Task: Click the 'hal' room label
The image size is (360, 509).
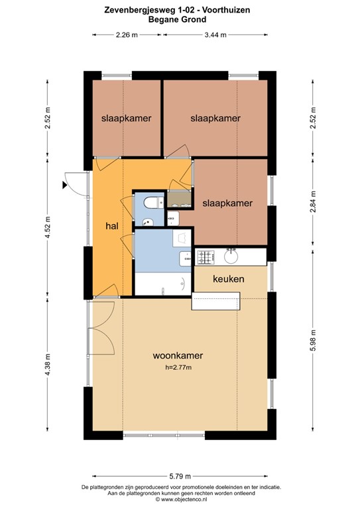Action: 111,226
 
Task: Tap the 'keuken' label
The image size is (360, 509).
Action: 228,279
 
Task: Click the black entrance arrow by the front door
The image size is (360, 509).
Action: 64,186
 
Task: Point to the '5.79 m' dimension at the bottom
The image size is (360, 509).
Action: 180,476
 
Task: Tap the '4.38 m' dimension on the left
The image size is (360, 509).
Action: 47,364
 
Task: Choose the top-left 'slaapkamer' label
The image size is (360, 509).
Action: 126,119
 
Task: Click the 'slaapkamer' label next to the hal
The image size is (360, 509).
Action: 227,203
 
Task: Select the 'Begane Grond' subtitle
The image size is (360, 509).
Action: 180,20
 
